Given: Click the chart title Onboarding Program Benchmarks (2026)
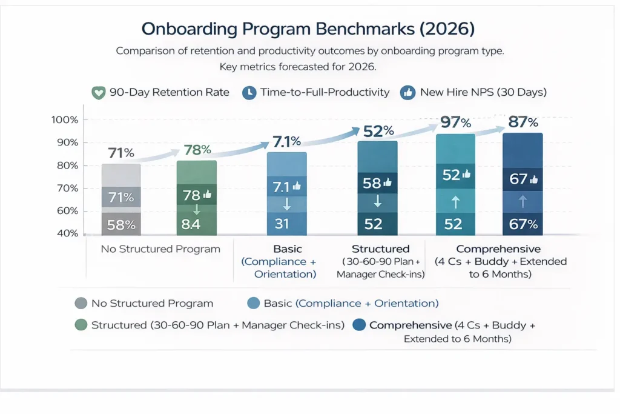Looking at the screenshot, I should click(309, 28).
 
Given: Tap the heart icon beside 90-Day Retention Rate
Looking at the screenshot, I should click(97, 93).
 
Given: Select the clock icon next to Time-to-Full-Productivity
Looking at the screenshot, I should click(249, 93).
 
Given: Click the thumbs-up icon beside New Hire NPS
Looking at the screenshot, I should click(407, 93).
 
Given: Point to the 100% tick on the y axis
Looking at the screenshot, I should click(65, 120).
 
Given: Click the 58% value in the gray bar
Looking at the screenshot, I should click(120, 224).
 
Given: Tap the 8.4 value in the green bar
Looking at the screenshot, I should click(196, 224).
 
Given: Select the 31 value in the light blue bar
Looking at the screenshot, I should click(282, 224).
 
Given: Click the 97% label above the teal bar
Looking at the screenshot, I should click(456, 122).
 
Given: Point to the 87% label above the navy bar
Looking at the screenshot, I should click(523, 122).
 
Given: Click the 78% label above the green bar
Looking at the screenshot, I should click(197, 150).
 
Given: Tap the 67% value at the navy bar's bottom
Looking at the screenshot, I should click(523, 224).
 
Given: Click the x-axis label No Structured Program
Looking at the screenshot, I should click(160, 249).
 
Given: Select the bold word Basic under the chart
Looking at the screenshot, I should click(287, 249).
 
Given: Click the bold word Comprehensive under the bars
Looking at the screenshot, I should click(498, 249).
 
